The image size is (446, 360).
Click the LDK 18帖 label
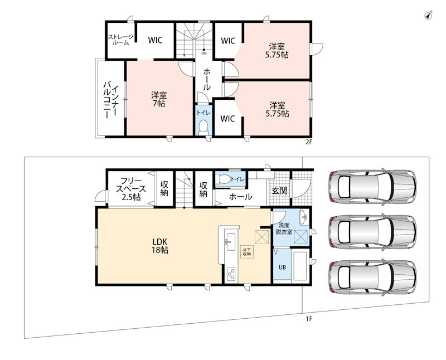coord(161,246)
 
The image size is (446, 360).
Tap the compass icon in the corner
coord(428,16)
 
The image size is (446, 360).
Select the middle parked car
coord(372,232)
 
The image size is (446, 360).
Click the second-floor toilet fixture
coord(203,128)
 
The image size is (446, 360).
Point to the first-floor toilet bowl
coord(223,179)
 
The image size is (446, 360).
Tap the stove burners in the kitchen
coord(231,274)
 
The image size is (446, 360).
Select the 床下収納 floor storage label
coord(246,252)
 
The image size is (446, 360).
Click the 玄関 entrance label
coord(279,191)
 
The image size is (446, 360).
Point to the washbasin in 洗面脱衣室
coord(303,217)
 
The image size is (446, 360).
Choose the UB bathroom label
coord(282,267)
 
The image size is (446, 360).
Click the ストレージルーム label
coord(120,40)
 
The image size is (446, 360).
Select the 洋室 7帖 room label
coord(159,99)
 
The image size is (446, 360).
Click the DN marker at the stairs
coord(204,53)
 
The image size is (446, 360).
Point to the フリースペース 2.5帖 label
coord(131,189)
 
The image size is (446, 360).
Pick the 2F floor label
coord(309,143)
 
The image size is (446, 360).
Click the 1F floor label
coord(309,319)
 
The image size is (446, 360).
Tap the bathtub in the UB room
coord(300,266)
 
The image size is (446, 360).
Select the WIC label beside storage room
coord(155,40)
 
